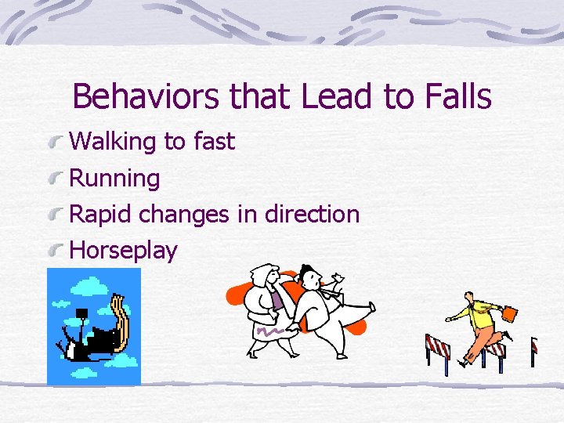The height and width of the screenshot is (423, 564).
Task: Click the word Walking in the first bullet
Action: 114,142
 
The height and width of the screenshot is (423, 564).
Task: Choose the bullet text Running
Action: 115,179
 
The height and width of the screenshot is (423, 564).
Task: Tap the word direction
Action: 312,214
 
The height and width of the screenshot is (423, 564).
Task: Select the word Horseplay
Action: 124,251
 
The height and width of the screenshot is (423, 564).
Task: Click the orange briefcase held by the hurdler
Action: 509,314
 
